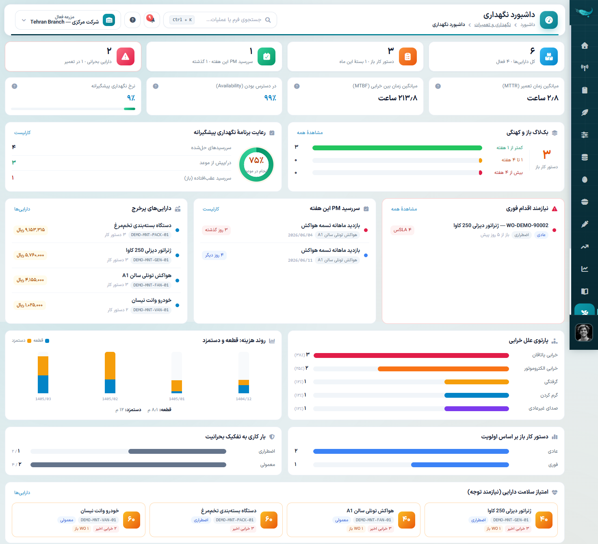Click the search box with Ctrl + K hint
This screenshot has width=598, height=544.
pyautogui.click(x=220, y=20)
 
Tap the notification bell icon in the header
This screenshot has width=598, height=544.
pyautogui.click(x=152, y=20)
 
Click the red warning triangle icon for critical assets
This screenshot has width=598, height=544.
pyautogui.click(x=126, y=56)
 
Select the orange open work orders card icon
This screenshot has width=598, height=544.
pyautogui.click(x=407, y=56)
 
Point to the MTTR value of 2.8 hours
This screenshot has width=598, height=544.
pyautogui.click(x=543, y=98)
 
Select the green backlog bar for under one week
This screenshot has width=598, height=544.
pyautogui.click(x=397, y=147)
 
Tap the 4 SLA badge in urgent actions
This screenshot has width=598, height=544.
pyautogui.click(x=402, y=230)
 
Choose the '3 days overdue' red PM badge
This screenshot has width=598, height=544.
pyautogui.click(x=216, y=230)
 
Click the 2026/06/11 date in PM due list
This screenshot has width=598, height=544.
pyautogui.click(x=300, y=260)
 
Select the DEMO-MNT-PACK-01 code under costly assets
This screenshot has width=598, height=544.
pyautogui.click(x=149, y=235)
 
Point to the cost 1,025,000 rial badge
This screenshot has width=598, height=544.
pyautogui.click(x=30, y=305)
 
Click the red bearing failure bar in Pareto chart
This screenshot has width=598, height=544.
pyautogui.click(x=411, y=355)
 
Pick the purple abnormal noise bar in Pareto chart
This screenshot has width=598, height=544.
pyautogui.click(x=477, y=409)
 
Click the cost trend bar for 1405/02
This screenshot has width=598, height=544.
pyautogui.click(x=110, y=373)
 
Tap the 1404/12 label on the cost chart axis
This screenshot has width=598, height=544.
pyautogui.click(x=244, y=399)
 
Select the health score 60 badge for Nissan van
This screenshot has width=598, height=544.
pyautogui.click(x=132, y=520)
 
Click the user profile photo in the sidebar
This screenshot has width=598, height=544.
pyautogui.click(x=584, y=333)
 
